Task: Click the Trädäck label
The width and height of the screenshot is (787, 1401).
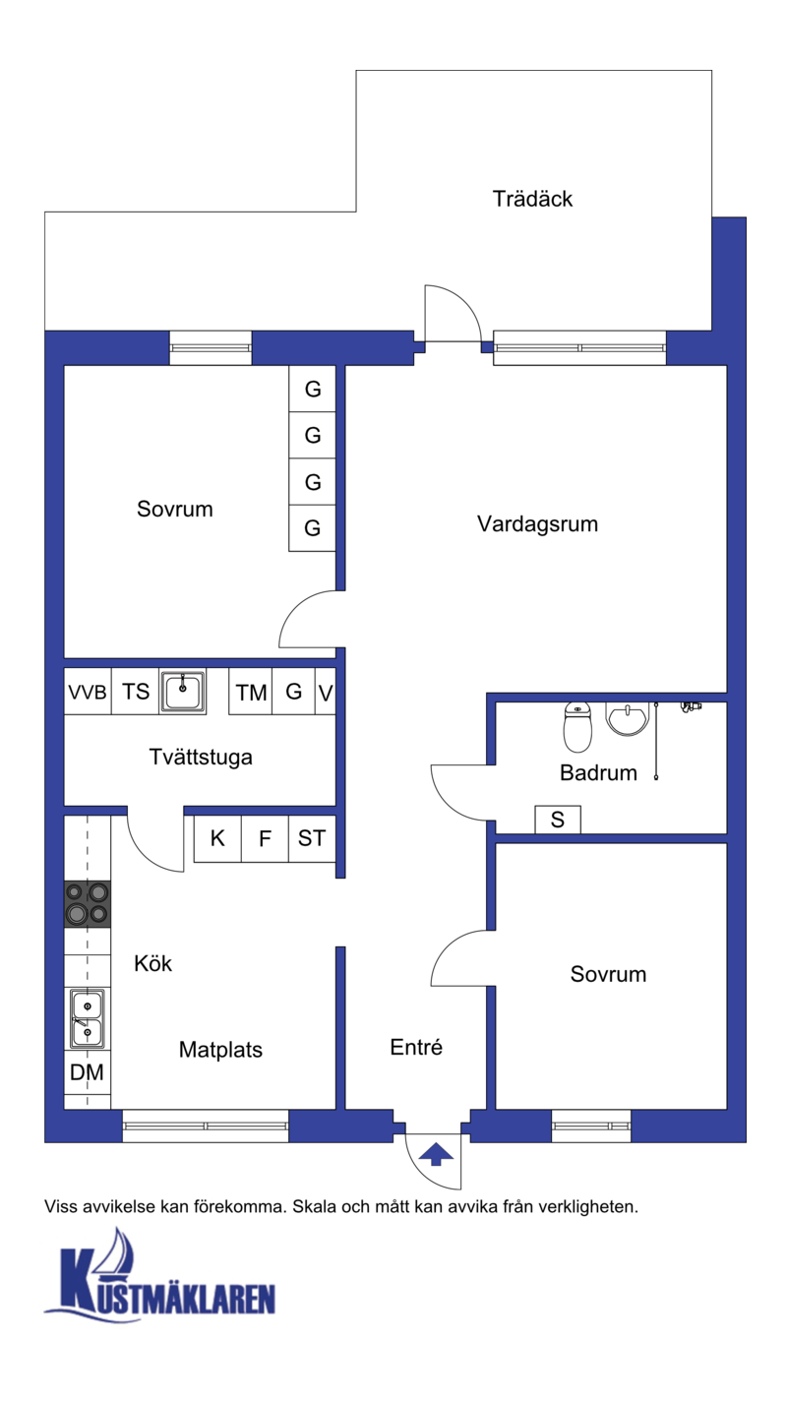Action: tap(532, 199)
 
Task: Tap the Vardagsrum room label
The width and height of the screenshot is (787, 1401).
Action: tap(537, 524)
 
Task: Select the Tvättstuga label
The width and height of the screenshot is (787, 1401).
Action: tap(201, 758)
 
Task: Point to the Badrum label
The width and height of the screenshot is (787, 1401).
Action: tap(598, 773)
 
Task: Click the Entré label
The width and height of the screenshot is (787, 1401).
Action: tap(416, 1047)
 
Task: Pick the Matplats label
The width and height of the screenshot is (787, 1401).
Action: tap(220, 1050)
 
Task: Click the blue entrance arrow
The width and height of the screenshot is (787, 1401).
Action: tap(436, 1154)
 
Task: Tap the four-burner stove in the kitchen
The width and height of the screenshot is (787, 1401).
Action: tap(88, 904)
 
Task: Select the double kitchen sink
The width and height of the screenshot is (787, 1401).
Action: tap(87, 1018)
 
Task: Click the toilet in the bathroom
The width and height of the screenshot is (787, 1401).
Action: tap(577, 727)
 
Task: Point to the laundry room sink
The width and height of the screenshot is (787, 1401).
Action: tap(183, 692)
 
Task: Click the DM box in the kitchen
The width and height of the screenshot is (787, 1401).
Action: tap(87, 1072)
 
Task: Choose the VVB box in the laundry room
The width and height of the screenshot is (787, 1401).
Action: tap(88, 692)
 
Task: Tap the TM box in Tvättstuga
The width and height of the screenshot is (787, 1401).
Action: tap(251, 692)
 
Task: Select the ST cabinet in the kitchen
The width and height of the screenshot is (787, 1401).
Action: tap(312, 838)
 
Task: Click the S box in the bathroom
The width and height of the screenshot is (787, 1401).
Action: tap(558, 820)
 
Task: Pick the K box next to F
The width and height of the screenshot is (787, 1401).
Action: tap(217, 838)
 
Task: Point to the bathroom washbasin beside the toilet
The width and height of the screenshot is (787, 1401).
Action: tap(628, 718)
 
